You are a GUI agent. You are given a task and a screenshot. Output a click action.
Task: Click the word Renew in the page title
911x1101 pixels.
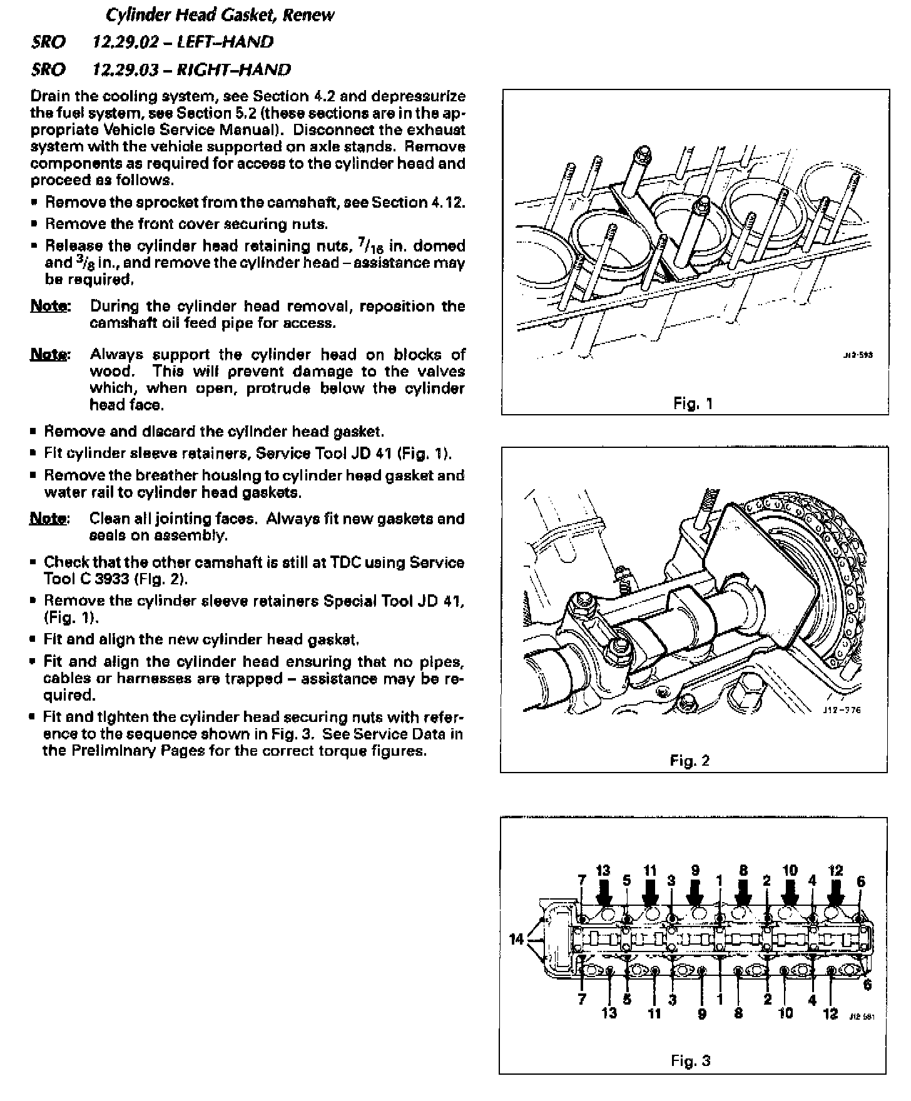tap(308, 15)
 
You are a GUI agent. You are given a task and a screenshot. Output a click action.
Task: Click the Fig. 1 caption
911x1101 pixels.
tap(693, 403)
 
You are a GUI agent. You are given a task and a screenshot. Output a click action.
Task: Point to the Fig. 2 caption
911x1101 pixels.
tap(690, 761)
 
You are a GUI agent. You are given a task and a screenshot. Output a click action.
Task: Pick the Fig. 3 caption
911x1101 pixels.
tap(691, 1060)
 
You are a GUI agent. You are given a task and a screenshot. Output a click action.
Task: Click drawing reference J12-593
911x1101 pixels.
tap(858, 355)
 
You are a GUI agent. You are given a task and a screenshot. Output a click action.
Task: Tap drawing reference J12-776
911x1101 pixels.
tap(843, 710)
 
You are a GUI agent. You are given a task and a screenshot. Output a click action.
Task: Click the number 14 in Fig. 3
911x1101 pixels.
tap(517, 939)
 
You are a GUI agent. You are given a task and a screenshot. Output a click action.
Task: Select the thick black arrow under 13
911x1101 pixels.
tap(604, 891)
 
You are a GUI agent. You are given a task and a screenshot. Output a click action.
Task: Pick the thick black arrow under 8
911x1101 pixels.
tap(743, 891)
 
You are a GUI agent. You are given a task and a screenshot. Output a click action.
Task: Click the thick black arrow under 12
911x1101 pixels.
tap(835, 891)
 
